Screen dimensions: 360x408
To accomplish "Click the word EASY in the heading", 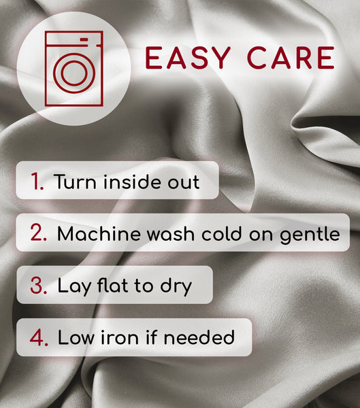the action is pos(188,58).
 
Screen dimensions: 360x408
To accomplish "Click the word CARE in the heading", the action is pos(291,58).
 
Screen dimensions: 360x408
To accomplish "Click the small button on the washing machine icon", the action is pos(84,39).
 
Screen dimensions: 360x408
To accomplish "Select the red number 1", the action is pos(37,181).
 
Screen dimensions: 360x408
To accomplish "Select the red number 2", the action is pos(38,232).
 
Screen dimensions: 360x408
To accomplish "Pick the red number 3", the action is pos(39,285).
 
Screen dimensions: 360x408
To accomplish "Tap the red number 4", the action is pos(39,337).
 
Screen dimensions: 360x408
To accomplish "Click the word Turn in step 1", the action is pos(75,182).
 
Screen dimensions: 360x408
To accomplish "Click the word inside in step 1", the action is pos(133,181).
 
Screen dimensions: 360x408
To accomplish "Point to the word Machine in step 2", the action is pos(99,233).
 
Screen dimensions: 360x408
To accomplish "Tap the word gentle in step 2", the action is pos(310,235).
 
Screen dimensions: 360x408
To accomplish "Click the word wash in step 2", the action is pos(171,233).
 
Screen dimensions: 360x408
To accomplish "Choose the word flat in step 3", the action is pos(112,285).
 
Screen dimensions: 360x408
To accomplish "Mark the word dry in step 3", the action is pos(176,286).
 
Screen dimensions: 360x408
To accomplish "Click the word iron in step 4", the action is pos(120,337).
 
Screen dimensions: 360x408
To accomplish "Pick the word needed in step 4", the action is pos(199,337).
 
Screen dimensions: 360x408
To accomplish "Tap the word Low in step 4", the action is pos(76,337).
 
